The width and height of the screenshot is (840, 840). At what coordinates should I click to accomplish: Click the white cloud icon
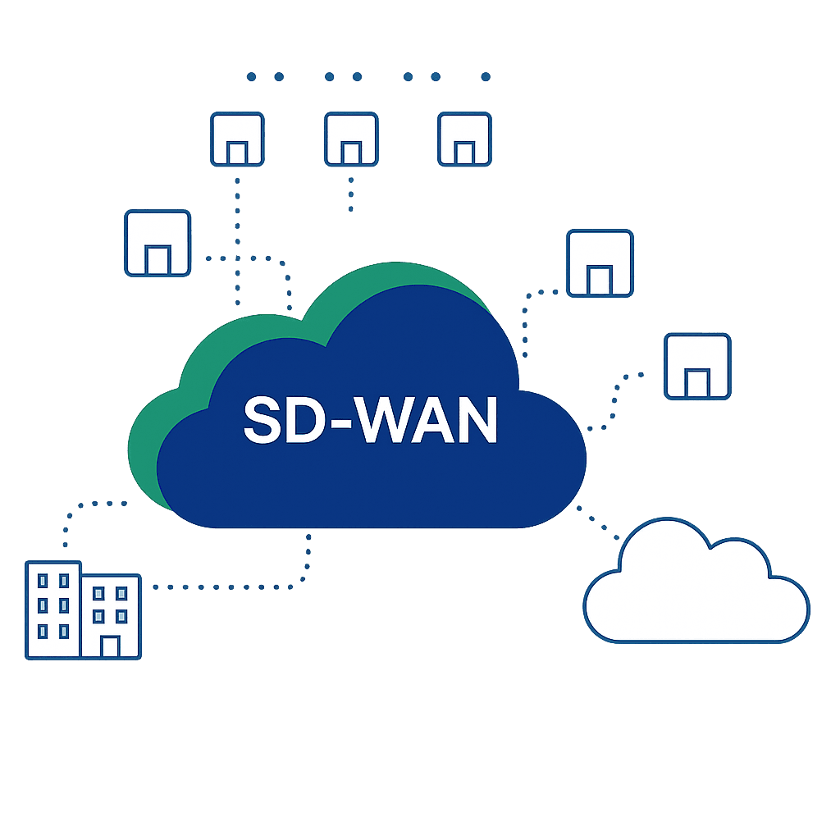pyautogui.click(x=696, y=591)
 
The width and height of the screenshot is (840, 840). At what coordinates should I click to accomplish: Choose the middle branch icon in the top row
pyautogui.click(x=351, y=138)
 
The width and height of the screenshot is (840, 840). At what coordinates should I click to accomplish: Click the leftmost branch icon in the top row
pyautogui.click(x=238, y=138)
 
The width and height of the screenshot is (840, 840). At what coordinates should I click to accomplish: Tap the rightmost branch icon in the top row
pyautogui.click(x=464, y=138)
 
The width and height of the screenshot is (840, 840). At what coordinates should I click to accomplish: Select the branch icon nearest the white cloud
pyautogui.click(x=697, y=366)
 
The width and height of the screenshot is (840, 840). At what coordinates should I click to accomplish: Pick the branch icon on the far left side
pyautogui.click(x=157, y=243)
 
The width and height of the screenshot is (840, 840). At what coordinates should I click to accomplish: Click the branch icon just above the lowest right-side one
pyautogui.click(x=600, y=263)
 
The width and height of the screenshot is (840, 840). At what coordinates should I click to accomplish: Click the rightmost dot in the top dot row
pyautogui.click(x=486, y=77)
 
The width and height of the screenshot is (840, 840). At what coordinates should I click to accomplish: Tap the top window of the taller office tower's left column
pyautogui.click(x=43, y=581)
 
